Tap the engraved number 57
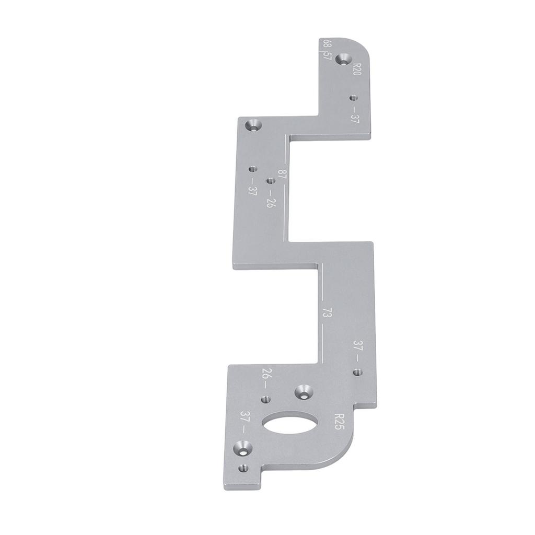328,54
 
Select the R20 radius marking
357,69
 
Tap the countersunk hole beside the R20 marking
343,59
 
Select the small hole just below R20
353,98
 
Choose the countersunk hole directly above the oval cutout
303,391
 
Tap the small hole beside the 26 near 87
270,181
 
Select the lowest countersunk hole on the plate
242,448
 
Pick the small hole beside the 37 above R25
357,372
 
